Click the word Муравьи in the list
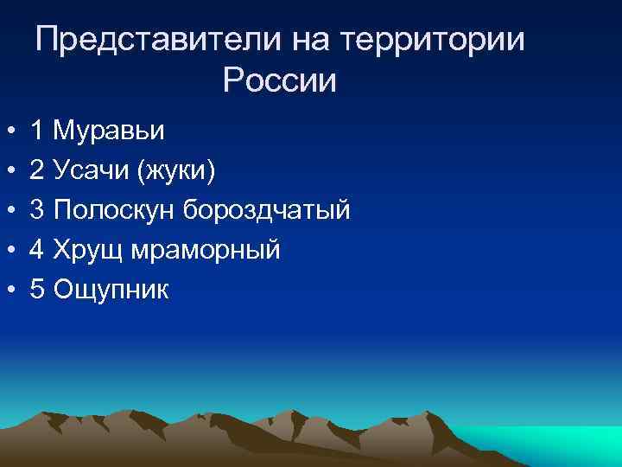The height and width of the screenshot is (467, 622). click(x=108, y=131)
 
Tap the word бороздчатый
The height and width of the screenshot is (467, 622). click(x=265, y=211)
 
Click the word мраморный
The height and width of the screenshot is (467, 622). click(x=208, y=251)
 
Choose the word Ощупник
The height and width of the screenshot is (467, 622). click(x=111, y=291)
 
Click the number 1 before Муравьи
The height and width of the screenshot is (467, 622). click(x=37, y=131)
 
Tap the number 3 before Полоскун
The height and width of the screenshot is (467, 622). click(x=37, y=211)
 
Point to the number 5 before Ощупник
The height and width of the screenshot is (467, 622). click(x=37, y=291)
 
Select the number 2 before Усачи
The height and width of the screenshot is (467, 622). click(x=37, y=171)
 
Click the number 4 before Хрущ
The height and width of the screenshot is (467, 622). click(x=37, y=251)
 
